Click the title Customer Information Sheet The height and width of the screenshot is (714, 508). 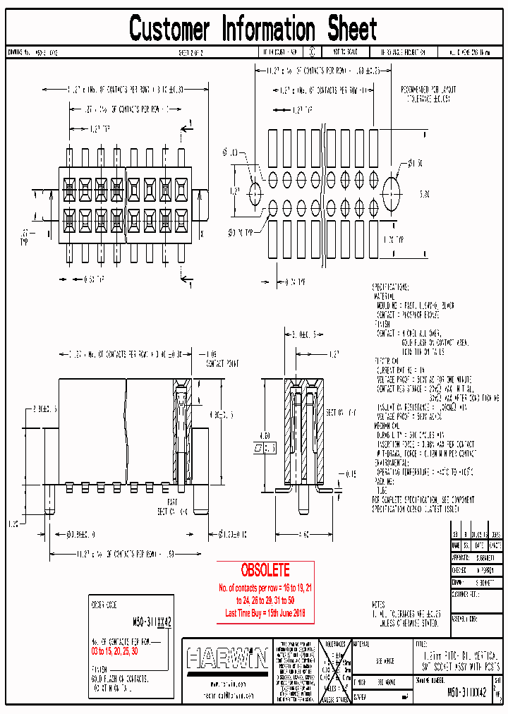tap(253, 30)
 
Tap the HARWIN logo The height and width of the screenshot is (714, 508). tap(227, 659)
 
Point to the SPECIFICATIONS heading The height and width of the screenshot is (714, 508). tap(390, 288)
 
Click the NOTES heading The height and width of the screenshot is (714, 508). tap(379, 604)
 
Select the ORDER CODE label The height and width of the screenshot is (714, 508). tap(102, 605)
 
